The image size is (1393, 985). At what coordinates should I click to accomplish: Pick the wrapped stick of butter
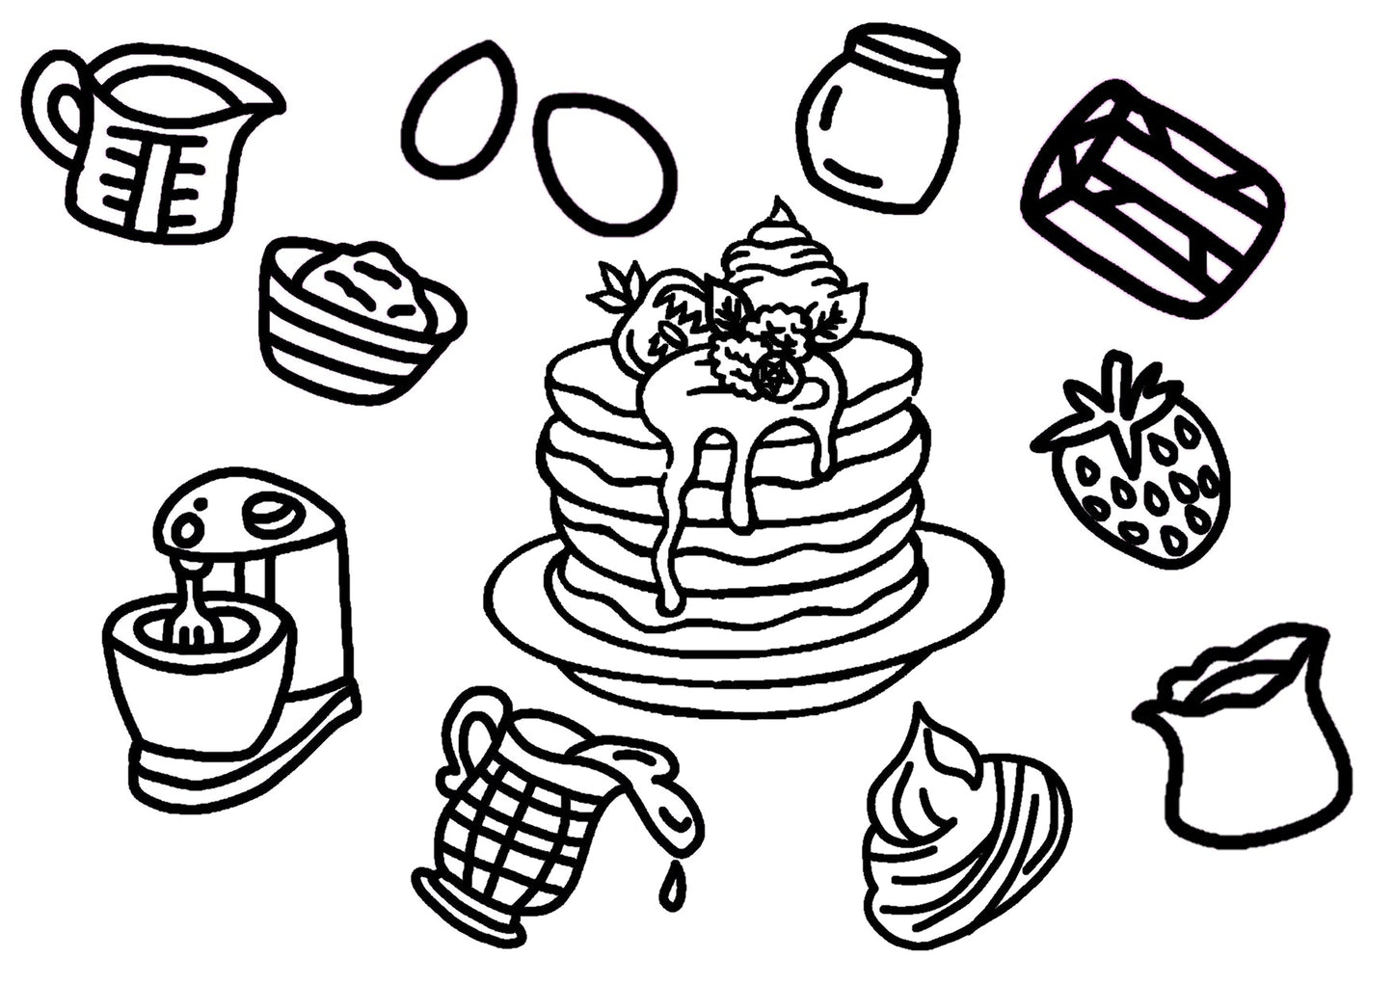tap(1152, 198)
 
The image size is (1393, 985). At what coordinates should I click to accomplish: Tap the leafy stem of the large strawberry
tap(1118, 405)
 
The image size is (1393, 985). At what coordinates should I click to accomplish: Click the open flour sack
tap(1244, 742)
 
